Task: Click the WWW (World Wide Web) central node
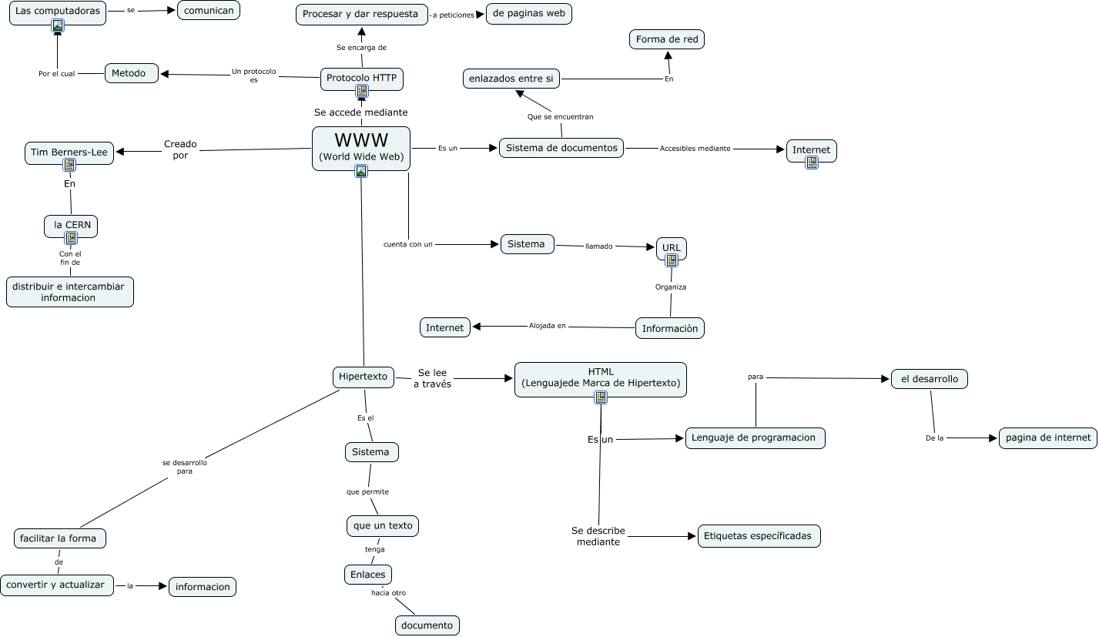click(361, 147)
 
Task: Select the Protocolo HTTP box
click(361, 78)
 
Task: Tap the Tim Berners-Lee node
click(69, 152)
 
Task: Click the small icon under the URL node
click(672, 260)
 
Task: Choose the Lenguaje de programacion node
click(755, 438)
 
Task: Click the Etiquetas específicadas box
click(759, 535)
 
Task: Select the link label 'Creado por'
click(180, 149)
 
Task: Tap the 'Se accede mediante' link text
click(361, 112)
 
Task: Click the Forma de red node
click(667, 39)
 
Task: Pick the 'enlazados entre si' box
click(511, 78)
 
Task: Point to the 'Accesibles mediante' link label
click(695, 149)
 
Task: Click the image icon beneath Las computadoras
click(58, 25)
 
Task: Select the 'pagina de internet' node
click(1047, 438)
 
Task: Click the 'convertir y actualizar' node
click(57, 585)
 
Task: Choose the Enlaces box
click(367, 575)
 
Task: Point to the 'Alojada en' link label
click(548, 326)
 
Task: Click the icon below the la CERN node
click(71, 238)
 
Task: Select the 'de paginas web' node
click(528, 14)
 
